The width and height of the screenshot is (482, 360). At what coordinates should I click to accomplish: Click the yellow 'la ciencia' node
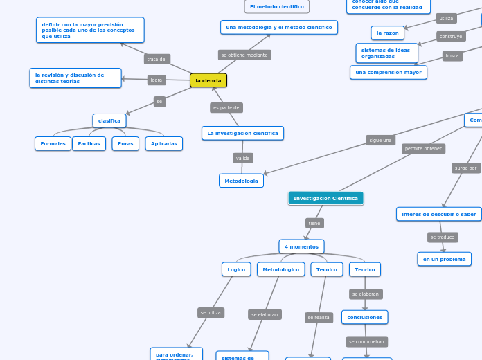[208, 80]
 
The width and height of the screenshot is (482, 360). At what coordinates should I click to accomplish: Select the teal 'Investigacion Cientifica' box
[325, 198]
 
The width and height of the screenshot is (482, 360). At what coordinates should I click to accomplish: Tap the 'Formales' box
[53, 143]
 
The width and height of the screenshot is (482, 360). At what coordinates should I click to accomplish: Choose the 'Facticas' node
[89, 143]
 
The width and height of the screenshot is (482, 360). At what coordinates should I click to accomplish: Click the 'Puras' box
[125, 143]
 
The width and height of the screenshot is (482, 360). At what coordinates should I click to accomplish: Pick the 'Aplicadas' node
[164, 143]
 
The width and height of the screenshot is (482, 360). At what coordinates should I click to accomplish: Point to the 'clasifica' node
[109, 120]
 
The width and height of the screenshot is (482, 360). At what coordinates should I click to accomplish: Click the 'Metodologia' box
[241, 181]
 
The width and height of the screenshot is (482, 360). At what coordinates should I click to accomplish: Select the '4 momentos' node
[301, 246]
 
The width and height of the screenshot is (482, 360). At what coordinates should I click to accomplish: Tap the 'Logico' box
[236, 269]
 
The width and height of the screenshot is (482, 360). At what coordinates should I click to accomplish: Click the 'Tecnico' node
[327, 269]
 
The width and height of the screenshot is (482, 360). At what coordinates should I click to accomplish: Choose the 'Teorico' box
[365, 269]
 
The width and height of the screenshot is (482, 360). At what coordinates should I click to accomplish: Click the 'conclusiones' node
[364, 317]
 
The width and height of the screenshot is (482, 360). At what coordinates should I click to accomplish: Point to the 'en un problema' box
[444, 259]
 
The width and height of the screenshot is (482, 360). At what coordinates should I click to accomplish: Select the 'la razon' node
[388, 33]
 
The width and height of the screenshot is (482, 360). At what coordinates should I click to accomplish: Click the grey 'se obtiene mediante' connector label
[244, 55]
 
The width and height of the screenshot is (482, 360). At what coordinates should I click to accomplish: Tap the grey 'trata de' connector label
[157, 59]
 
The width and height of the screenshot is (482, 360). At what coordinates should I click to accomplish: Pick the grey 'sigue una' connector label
[381, 140]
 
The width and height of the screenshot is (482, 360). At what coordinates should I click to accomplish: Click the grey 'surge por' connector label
[466, 168]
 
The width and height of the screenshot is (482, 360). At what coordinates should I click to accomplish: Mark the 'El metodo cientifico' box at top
[277, 6]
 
